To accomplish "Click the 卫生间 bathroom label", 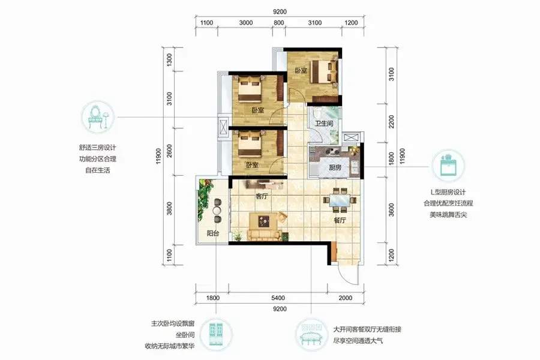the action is tap(324, 123).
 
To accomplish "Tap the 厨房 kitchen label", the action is tap(335, 168).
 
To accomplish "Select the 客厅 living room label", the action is tap(262, 197).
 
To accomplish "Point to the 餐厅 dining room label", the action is tap(340, 220).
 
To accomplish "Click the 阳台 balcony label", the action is tap(213, 233).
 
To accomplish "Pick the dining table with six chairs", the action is tap(340, 200).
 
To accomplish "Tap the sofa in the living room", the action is tap(264, 235).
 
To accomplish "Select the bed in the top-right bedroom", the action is tap(324, 71).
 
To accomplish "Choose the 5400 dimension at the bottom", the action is tap(278, 298).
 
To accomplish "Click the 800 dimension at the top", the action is tap(278, 23).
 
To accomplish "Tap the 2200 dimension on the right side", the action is tap(391, 122).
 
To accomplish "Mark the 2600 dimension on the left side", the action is tap(169, 151).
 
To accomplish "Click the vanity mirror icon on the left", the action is tap(97, 117).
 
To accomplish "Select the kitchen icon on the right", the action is tap(448, 166).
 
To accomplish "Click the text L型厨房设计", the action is tap(448, 192).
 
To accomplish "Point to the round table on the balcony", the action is tap(217, 210).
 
